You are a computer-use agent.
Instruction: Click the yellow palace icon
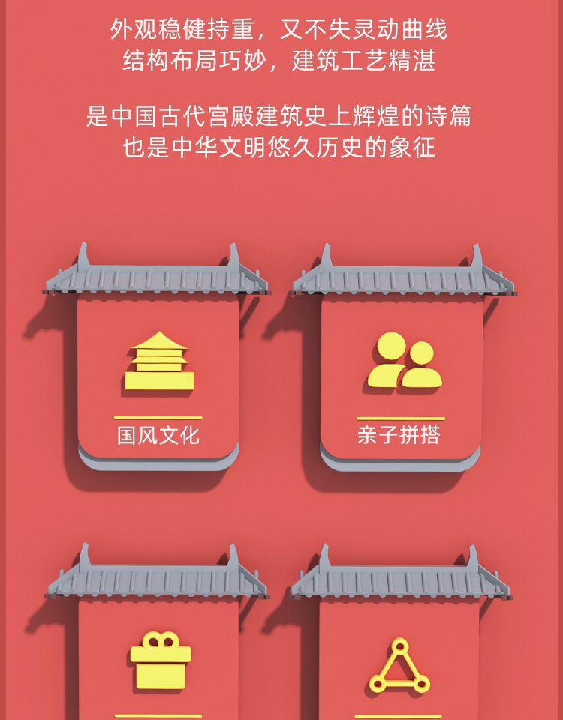[x=159, y=362]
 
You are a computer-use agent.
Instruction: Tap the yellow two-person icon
[x=403, y=362]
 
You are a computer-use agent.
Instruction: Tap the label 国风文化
[x=158, y=435]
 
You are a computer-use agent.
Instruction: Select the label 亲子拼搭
[x=399, y=435]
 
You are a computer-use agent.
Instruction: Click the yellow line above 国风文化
[x=158, y=417]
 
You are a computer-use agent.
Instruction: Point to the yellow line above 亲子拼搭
[x=400, y=418]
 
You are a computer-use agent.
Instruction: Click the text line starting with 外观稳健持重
[x=278, y=30]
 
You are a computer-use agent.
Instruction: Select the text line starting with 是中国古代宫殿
[x=278, y=117]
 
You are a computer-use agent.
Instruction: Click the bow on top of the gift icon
[x=161, y=640]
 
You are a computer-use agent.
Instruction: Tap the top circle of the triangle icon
[x=399, y=646]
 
